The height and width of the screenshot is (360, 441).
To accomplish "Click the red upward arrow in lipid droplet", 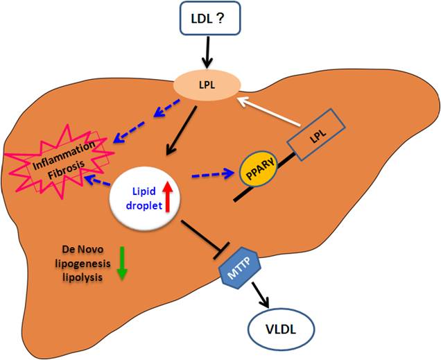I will (x=166, y=194).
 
